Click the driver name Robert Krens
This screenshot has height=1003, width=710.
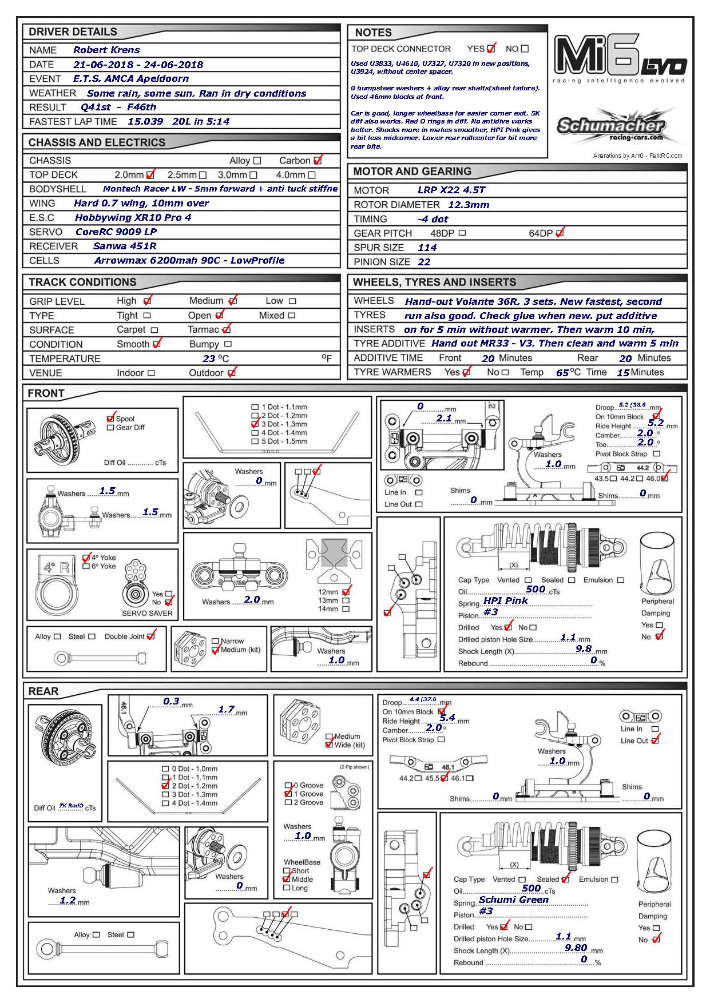point(106,50)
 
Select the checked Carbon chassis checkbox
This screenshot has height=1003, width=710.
point(318,161)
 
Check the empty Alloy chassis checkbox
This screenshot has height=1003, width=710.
point(257,161)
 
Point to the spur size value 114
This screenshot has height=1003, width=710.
point(427,248)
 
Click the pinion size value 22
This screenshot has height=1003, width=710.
point(424,262)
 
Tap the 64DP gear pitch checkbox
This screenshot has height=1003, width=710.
point(560,233)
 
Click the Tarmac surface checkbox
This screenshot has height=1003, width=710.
point(227,330)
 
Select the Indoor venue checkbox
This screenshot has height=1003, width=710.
point(151,373)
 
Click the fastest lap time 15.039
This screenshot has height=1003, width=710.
point(145,121)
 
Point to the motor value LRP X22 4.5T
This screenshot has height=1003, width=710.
point(451,190)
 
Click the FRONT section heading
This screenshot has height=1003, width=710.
point(46,393)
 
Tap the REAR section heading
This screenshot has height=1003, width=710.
point(43,691)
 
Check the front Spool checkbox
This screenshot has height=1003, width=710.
point(111,419)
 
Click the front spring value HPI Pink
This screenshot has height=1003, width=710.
point(506,600)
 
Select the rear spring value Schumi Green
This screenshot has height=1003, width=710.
point(514,899)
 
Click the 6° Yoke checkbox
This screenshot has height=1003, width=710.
point(86,567)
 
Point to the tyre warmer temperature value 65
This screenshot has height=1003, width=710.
point(562,373)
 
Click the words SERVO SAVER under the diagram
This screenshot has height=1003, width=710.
point(147,613)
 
